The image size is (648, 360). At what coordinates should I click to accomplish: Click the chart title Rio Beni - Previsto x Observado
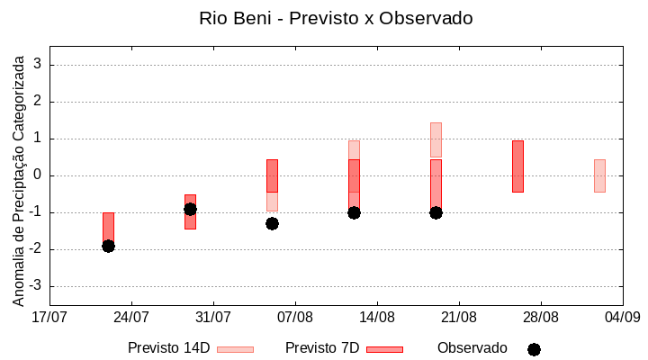tap(323, 18)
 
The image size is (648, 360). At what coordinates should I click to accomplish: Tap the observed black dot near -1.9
tap(108, 246)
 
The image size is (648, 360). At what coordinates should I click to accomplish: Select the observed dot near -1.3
tap(272, 223)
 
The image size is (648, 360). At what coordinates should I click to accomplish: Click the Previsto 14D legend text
tap(168, 348)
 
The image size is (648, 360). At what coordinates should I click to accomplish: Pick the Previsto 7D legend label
tap(322, 348)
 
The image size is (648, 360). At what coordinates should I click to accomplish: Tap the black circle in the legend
tap(534, 349)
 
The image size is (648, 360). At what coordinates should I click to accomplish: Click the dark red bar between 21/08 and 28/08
tap(517, 166)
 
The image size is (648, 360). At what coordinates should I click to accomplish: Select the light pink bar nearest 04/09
tap(599, 175)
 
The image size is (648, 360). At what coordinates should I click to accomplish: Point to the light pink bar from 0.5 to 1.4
tap(436, 139)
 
